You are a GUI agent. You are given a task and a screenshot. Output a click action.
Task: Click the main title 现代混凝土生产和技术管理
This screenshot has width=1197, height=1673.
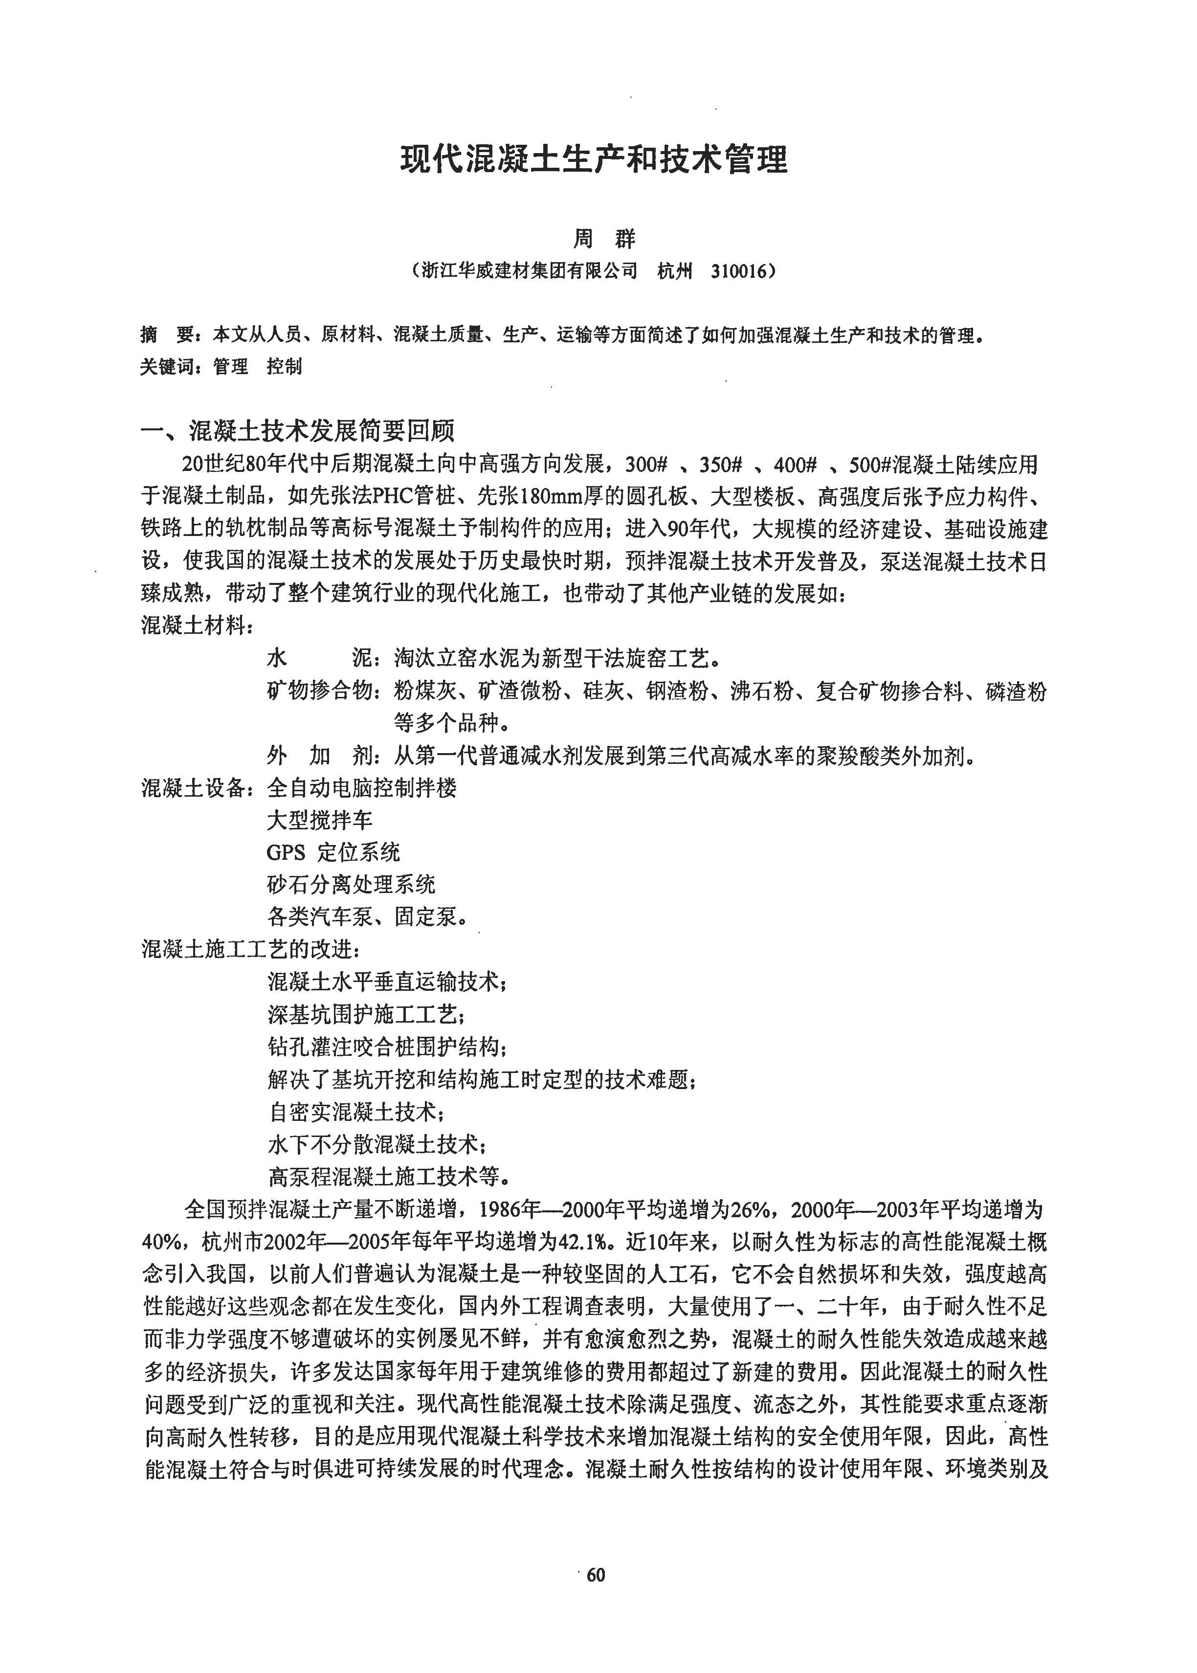[594, 160]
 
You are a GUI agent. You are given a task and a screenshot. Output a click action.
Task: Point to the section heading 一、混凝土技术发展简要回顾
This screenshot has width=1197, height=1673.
[298, 430]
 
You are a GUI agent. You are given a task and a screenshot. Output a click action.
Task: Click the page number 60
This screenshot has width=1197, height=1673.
[596, 1575]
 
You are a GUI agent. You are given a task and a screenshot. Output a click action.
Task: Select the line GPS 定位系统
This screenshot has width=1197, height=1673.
[333, 853]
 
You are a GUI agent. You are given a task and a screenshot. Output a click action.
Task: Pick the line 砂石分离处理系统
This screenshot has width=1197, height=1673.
[351, 884]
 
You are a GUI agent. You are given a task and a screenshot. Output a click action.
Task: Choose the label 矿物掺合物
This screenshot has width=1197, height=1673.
[321, 692]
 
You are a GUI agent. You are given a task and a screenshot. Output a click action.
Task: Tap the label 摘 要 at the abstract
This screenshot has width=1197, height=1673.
[168, 335]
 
